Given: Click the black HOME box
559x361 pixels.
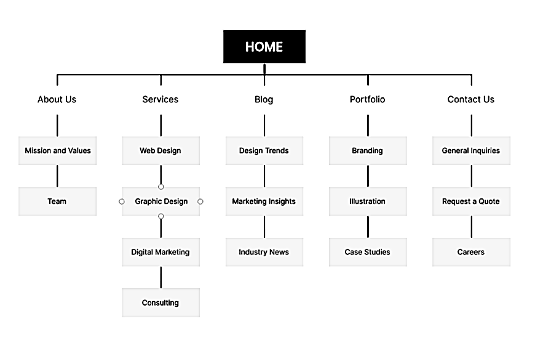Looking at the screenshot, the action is [x=264, y=47].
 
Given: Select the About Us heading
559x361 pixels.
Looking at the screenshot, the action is [x=57, y=99].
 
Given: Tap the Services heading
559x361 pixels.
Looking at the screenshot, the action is [x=161, y=99].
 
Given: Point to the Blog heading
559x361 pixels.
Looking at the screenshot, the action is [x=264, y=100].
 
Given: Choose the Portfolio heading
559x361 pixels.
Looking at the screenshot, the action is [x=368, y=99].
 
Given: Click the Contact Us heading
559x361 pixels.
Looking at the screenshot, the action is [x=471, y=99].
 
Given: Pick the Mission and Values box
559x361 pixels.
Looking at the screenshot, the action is [x=57, y=151].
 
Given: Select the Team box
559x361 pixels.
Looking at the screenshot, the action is [x=57, y=201].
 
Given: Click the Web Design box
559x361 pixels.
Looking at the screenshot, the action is [x=161, y=151].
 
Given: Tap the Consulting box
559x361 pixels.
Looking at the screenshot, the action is [x=161, y=303].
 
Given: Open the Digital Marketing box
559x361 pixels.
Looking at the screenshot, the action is [x=161, y=252].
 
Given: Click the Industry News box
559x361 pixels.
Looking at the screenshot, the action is [x=264, y=252].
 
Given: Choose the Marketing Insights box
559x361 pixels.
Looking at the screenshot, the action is [x=264, y=201].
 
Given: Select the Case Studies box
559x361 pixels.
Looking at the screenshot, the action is [x=368, y=252].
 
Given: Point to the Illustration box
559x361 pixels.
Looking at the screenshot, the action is [x=368, y=201].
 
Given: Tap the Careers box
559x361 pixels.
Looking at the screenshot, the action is [x=471, y=252].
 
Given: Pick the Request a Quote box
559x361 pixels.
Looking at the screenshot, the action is [x=471, y=201].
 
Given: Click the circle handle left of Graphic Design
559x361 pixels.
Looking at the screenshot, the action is [x=122, y=201].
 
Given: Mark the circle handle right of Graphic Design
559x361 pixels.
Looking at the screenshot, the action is [x=200, y=201].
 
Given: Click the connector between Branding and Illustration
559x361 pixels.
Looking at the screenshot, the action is [x=368, y=176].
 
